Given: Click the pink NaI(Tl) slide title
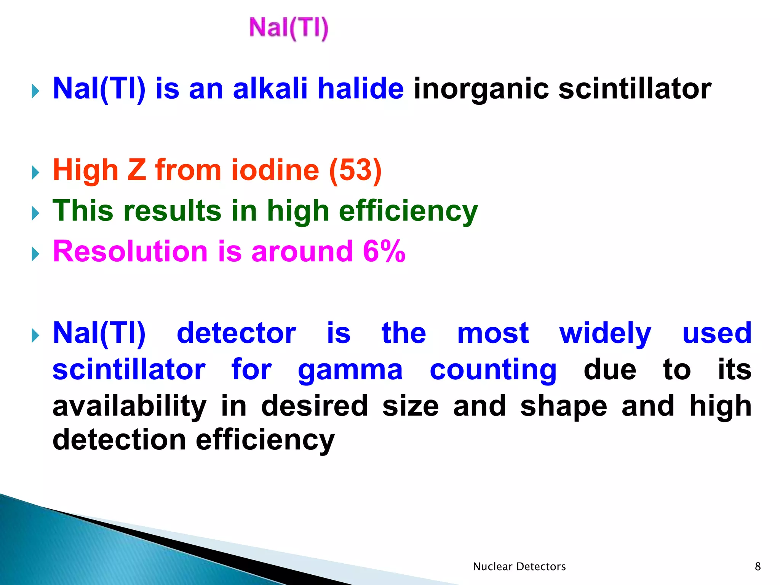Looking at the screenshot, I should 288,28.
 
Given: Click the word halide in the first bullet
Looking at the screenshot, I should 360,88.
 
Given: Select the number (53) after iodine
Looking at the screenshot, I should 355,170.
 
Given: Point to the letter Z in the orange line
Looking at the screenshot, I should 136,170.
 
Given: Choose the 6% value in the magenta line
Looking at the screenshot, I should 384,251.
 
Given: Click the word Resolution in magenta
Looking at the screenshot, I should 130,251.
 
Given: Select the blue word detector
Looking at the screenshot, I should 236,333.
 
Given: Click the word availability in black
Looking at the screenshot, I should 129,406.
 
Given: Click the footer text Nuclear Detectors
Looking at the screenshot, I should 519,567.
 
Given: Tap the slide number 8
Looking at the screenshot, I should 758,567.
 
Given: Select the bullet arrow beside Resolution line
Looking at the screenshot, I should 35,254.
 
